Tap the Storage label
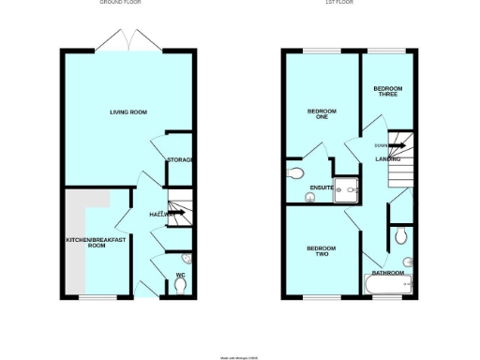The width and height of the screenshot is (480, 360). click(180, 160)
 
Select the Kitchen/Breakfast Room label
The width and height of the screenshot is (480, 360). click(97, 242)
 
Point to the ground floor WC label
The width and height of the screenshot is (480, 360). click(180, 275)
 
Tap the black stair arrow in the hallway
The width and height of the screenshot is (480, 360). click(177, 213)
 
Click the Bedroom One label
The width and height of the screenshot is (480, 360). click(321, 115)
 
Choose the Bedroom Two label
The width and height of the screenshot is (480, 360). click(321, 250)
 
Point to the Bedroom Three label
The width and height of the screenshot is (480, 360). click(384, 94)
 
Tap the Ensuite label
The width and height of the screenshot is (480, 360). click(321, 188)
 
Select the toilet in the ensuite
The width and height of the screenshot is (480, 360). click(296, 173)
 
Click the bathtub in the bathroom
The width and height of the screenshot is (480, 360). click(388, 284)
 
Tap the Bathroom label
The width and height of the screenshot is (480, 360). click(388, 272)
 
